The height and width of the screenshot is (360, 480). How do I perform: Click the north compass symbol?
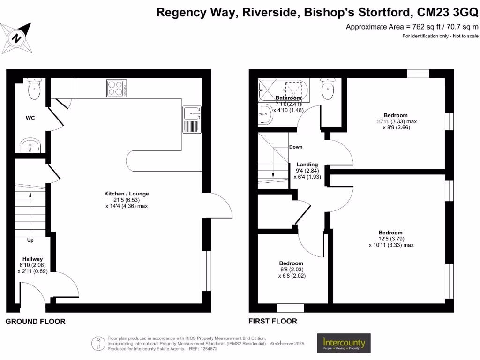[x=17, y=37]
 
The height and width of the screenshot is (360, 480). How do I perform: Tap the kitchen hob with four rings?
[x=116, y=88]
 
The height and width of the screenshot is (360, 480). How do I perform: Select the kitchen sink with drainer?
[x=192, y=120]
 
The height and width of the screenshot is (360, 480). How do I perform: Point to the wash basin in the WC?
[x=32, y=146]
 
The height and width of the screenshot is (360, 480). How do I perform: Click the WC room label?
[x=30, y=118]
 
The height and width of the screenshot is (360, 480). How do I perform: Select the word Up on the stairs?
[x=30, y=240]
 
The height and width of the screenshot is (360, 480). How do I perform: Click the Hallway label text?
[x=32, y=259]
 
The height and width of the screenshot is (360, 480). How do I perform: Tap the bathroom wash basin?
[x=265, y=114]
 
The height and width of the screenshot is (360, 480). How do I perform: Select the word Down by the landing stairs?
[x=296, y=147]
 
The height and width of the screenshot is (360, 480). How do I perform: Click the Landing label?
[x=307, y=165]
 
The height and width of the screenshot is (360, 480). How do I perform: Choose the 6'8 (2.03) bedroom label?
[x=291, y=270]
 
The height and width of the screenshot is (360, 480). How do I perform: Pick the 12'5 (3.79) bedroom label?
[x=390, y=239]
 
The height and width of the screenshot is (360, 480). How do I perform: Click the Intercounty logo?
[x=344, y=344]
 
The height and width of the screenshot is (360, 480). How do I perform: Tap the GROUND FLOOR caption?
[x=35, y=322]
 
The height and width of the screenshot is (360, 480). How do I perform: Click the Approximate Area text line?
[x=412, y=27]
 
